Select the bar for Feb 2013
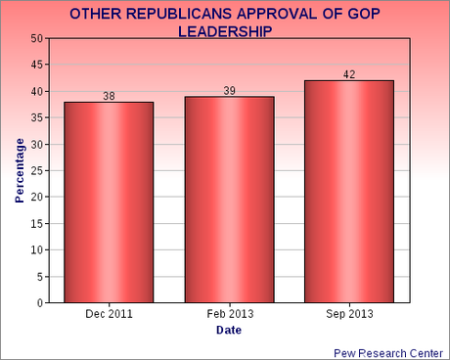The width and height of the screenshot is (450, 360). pyautogui.click(x=229, y=200)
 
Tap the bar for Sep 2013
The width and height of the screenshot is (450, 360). pyautogui.click(x=350, y=192)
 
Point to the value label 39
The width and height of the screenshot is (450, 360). pyautogui.click(x=229, y=90)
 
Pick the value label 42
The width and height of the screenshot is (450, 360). pyautogui.click(x=350, y=74)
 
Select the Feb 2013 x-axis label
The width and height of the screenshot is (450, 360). pyautogui.click(x=229, y=315)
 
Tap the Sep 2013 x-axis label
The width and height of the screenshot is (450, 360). pyautogui.click(x=350, y=315)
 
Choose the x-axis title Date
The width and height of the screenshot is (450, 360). pyautogui.click(x=228, y=331)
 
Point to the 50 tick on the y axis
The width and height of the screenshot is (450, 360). pyautogui.click(x=36, y=38)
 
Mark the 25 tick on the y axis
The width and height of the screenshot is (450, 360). pyautogui.click(x=36, y=170)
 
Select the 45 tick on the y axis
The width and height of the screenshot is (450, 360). pyautogui.click(x=36, y=65)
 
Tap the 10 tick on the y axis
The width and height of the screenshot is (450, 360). pyautogui.click(x=36, y=250)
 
